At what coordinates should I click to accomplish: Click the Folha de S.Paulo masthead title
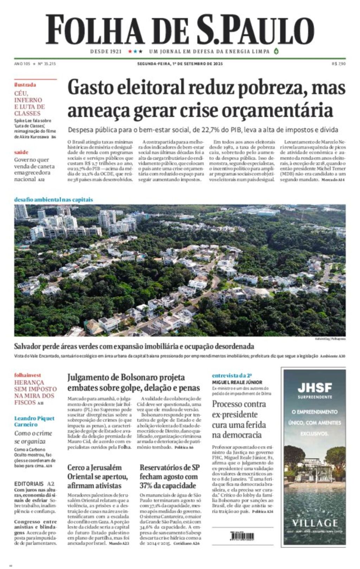tap(180, 30)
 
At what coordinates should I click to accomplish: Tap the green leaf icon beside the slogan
tap(276, 51)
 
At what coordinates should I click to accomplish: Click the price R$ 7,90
tap(339, 64)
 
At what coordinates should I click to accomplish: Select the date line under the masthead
tap(180, 64)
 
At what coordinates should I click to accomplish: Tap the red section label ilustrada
tap(25, 85)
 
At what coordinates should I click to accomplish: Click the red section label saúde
tap(21, 152)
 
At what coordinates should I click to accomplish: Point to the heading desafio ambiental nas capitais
tap(53, 200)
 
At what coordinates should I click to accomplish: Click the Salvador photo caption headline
tap(134, 347)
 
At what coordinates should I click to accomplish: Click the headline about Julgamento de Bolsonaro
tap(134, 382)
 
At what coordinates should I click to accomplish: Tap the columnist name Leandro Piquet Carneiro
tap(34, 421)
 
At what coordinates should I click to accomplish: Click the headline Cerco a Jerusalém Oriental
tap(98, 477)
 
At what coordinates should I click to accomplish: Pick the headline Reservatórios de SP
tap(169, 477)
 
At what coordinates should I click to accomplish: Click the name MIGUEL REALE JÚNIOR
tap(237, 382)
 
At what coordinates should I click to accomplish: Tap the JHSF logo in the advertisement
tap(315, 388)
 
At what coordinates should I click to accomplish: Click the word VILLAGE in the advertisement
tap(315, 523)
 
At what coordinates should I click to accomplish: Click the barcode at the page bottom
tap(242, 537)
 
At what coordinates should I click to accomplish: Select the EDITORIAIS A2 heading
tap(34, 484)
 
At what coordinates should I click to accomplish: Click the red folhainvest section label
tap(27, 375)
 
